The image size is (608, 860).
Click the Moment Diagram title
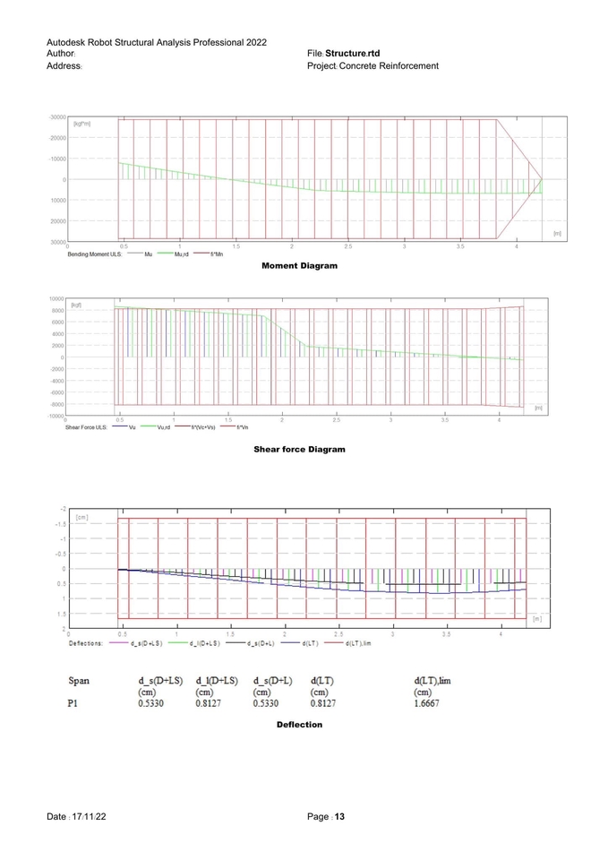tap(299, 266)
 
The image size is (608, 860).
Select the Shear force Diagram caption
tap(299, 449)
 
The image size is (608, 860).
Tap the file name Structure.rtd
tap(353, 54)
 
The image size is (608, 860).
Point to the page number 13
tap(339, 817)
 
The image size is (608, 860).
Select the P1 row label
tap(74, 704)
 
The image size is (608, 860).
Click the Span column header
tap(79, 682)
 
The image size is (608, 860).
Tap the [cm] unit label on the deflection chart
tap(81, 517)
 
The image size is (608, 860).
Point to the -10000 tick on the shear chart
tap(54, 416)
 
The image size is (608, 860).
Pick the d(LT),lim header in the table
tap(432, 682)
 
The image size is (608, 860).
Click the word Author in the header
tap(61, 54)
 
